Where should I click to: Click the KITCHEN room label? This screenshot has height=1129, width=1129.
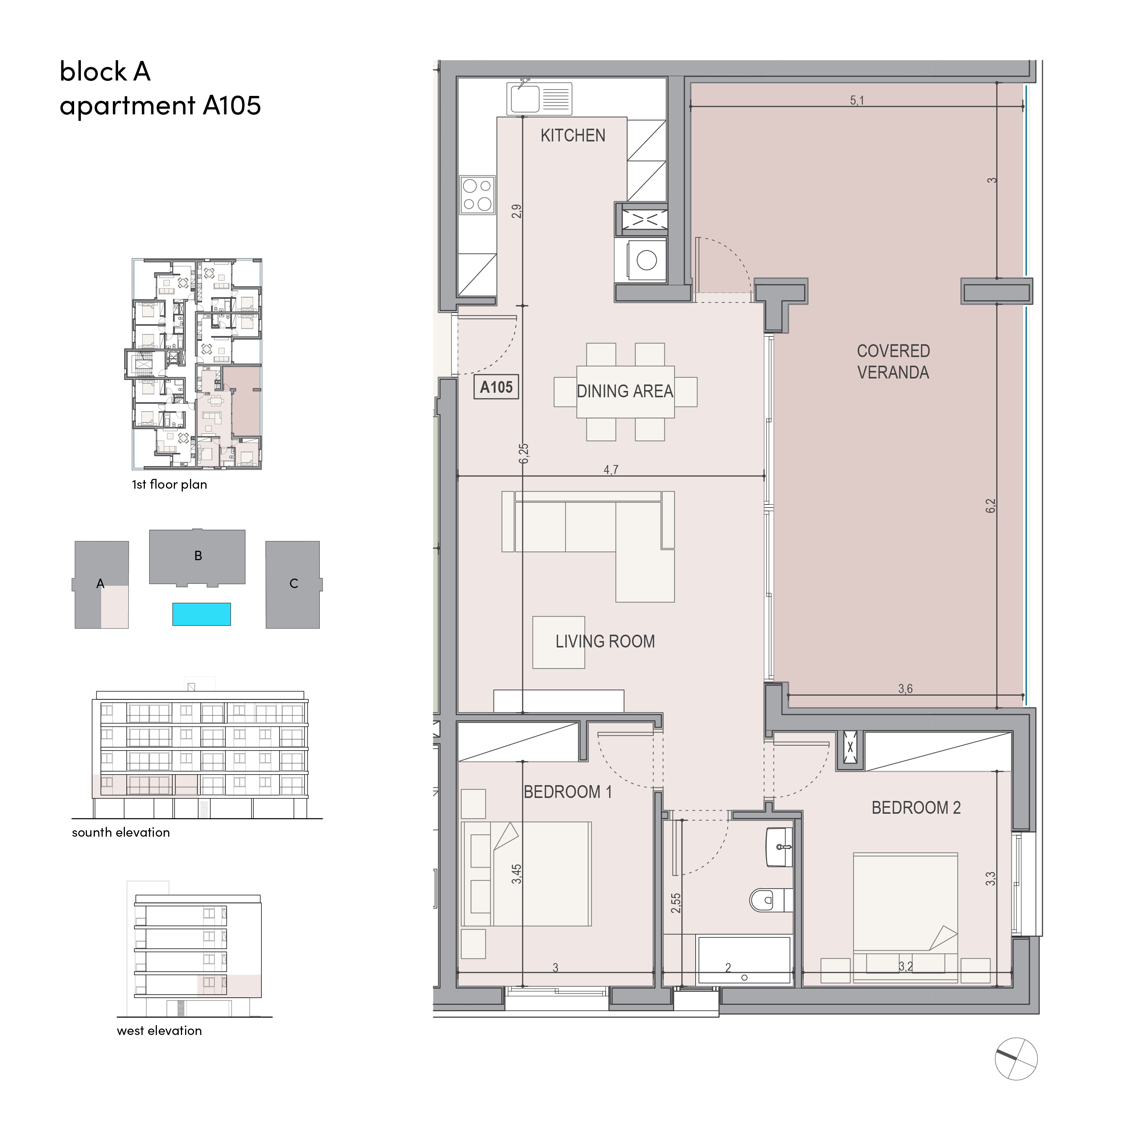coord(573,135)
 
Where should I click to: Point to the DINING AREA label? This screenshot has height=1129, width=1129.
coord(625,391)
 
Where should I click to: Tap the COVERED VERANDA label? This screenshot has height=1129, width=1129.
coord(893,361)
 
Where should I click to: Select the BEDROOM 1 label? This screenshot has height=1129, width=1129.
coord(567,792)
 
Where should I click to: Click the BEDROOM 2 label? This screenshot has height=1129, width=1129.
coord(916,808)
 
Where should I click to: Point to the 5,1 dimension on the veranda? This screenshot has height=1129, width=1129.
coord(857,100)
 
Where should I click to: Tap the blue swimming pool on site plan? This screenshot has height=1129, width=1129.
coord(202,614)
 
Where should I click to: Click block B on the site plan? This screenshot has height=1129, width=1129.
coord(198,556)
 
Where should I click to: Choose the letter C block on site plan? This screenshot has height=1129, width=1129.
coord(293,584)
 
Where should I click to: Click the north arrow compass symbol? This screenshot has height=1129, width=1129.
coord(1016,1058)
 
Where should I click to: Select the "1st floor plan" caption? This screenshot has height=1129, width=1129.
coord(169,485)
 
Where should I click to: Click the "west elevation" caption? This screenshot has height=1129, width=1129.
coord(159,1031)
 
